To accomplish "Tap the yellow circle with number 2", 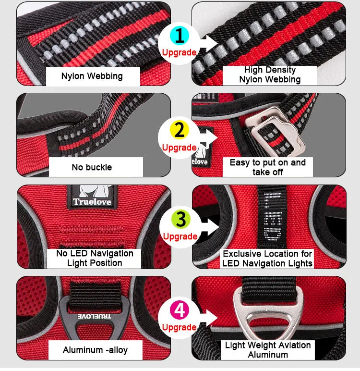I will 179,130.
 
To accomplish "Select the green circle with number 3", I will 180,219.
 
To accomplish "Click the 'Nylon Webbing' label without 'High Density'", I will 92,76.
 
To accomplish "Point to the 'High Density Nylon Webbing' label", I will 270,75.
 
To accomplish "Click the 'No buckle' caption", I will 92,167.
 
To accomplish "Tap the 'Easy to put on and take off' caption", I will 267,167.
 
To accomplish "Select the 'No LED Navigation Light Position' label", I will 95,258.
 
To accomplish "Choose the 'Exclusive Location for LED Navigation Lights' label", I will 267,258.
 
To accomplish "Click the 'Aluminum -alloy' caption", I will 95,349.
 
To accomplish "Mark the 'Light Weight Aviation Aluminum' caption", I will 268,350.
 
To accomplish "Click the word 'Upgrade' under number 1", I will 179,52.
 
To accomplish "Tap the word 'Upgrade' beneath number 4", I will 179,327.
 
